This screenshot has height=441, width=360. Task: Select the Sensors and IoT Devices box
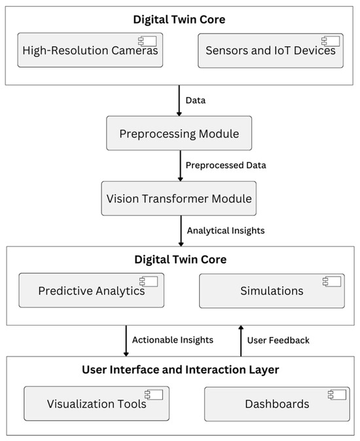[270, 50]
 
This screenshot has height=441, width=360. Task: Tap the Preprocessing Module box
[179, 134]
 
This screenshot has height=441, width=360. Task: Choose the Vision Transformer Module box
[179, 199]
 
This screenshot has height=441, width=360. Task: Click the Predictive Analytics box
[92, 291]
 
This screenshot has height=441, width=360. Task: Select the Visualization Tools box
[96, 404]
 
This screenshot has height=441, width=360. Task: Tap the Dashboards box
[276, 404]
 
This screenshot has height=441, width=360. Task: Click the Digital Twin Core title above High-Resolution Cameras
[180, 20]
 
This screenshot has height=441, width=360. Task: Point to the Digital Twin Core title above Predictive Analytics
[180, 259]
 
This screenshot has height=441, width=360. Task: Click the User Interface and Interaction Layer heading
[180, 370]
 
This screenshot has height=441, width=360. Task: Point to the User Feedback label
[279, 340]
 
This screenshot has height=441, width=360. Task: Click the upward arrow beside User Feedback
[240, 340]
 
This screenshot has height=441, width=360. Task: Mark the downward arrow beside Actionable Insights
[126, 340]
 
